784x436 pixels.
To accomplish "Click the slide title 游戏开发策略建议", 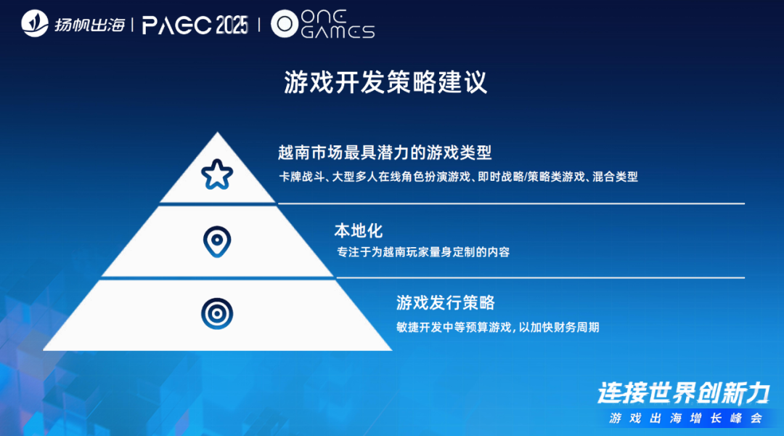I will click(385, 82).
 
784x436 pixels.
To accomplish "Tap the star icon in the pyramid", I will click(216, 174).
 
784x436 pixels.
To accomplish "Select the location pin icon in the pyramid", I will click(216, 241).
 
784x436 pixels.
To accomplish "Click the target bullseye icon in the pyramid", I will click(216, 313).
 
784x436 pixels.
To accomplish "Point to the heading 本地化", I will click(358, 231).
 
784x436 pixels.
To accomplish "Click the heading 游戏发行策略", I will click(445, 302).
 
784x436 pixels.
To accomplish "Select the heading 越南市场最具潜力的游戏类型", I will click(385, 153).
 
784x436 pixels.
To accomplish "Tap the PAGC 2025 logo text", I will click(195, 25).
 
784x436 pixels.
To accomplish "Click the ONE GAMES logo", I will click(322, 25).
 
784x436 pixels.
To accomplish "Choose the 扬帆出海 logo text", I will click(89, 25).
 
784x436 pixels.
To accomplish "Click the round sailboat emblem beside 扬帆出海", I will click(35, 25).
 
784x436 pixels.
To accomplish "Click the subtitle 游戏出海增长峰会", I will click(686, 419).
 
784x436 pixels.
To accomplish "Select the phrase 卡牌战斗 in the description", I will click(297, 177).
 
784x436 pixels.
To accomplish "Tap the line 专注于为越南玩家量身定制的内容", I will click(423, 252).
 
